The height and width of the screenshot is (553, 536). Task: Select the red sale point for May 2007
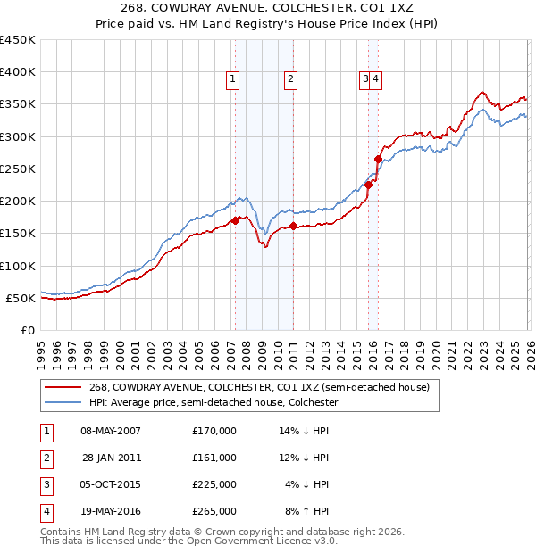click(x=235, y=220)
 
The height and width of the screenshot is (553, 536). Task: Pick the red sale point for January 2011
click(x=294, y=226)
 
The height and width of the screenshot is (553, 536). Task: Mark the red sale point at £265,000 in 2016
click(x=378, y=160)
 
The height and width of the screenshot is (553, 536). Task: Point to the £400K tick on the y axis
click(x=18, y=72)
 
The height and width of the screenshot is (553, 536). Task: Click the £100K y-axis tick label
click(x=18, y=266)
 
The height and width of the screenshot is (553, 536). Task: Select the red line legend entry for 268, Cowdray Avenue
click(x=259, y=387)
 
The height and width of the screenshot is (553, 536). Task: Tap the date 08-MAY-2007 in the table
click(x=111, y=431)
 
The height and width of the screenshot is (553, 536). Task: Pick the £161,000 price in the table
click(x=214, y=458)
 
